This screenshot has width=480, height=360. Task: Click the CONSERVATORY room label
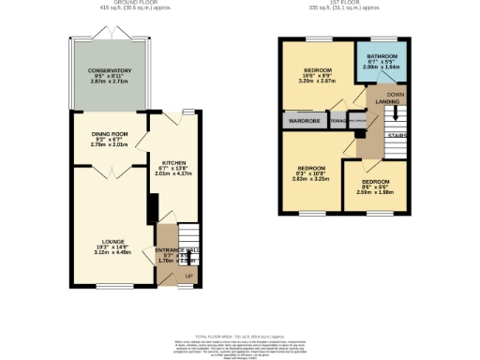[104, 70]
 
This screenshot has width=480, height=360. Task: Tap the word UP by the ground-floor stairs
[187, 277]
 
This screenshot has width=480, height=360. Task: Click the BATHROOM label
[381, 56]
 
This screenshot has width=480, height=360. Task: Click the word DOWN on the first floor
[396, 95]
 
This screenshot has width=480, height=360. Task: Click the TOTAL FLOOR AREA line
[240, 335]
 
